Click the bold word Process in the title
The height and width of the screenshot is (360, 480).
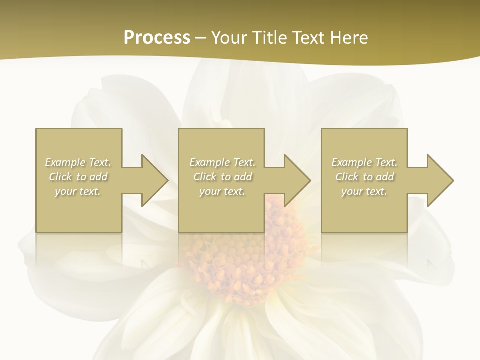tap(157, 38)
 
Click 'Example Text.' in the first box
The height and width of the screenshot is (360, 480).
tap(78, 162)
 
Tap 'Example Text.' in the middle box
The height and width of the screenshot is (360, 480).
tap(222, 162)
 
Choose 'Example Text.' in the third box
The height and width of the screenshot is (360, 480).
tap(364, 162)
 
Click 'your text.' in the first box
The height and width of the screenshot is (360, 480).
tap(78, 191)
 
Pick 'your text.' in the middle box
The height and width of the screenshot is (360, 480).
tap(222, 191)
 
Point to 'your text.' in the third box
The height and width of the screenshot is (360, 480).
tap(364, 191)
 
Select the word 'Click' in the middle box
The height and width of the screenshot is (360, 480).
tap(205, 177)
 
